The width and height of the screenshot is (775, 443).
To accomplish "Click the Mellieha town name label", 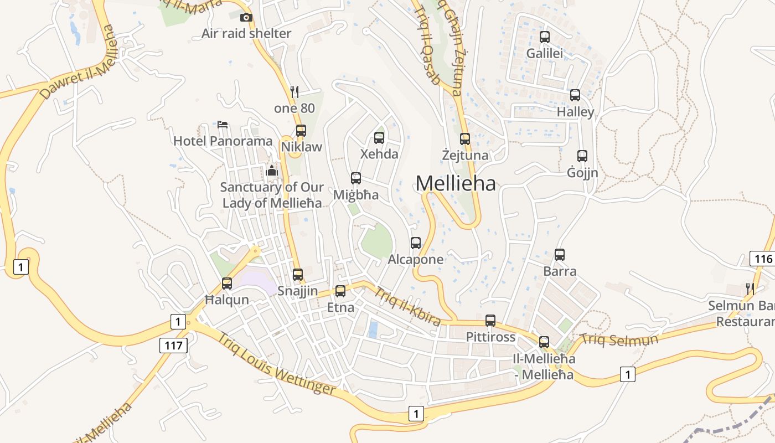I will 455,183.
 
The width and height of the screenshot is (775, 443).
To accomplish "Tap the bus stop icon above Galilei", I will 545,37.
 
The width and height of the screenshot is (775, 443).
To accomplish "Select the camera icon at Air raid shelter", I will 246,18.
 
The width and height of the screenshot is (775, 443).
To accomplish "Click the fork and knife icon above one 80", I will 294,92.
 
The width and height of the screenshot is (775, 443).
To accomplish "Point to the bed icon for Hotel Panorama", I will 223,124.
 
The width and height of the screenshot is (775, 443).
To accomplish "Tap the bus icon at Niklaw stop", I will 301,131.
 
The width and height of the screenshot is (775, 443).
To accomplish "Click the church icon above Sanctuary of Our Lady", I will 272,171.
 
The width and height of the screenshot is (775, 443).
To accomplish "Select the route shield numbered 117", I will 174,346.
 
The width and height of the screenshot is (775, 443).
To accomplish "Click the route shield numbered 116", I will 762,259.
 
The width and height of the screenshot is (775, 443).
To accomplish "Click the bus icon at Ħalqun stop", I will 227,284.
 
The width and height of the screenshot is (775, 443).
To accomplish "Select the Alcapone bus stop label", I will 416,259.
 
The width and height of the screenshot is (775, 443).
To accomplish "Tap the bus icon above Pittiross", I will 490,321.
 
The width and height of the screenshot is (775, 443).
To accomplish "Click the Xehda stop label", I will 379,154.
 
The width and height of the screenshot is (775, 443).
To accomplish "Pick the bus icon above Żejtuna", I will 465,139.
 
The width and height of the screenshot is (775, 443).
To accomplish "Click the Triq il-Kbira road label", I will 408,307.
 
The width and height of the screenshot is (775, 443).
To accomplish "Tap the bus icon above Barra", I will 560,255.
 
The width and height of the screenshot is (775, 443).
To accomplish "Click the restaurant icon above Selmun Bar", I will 750,289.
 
